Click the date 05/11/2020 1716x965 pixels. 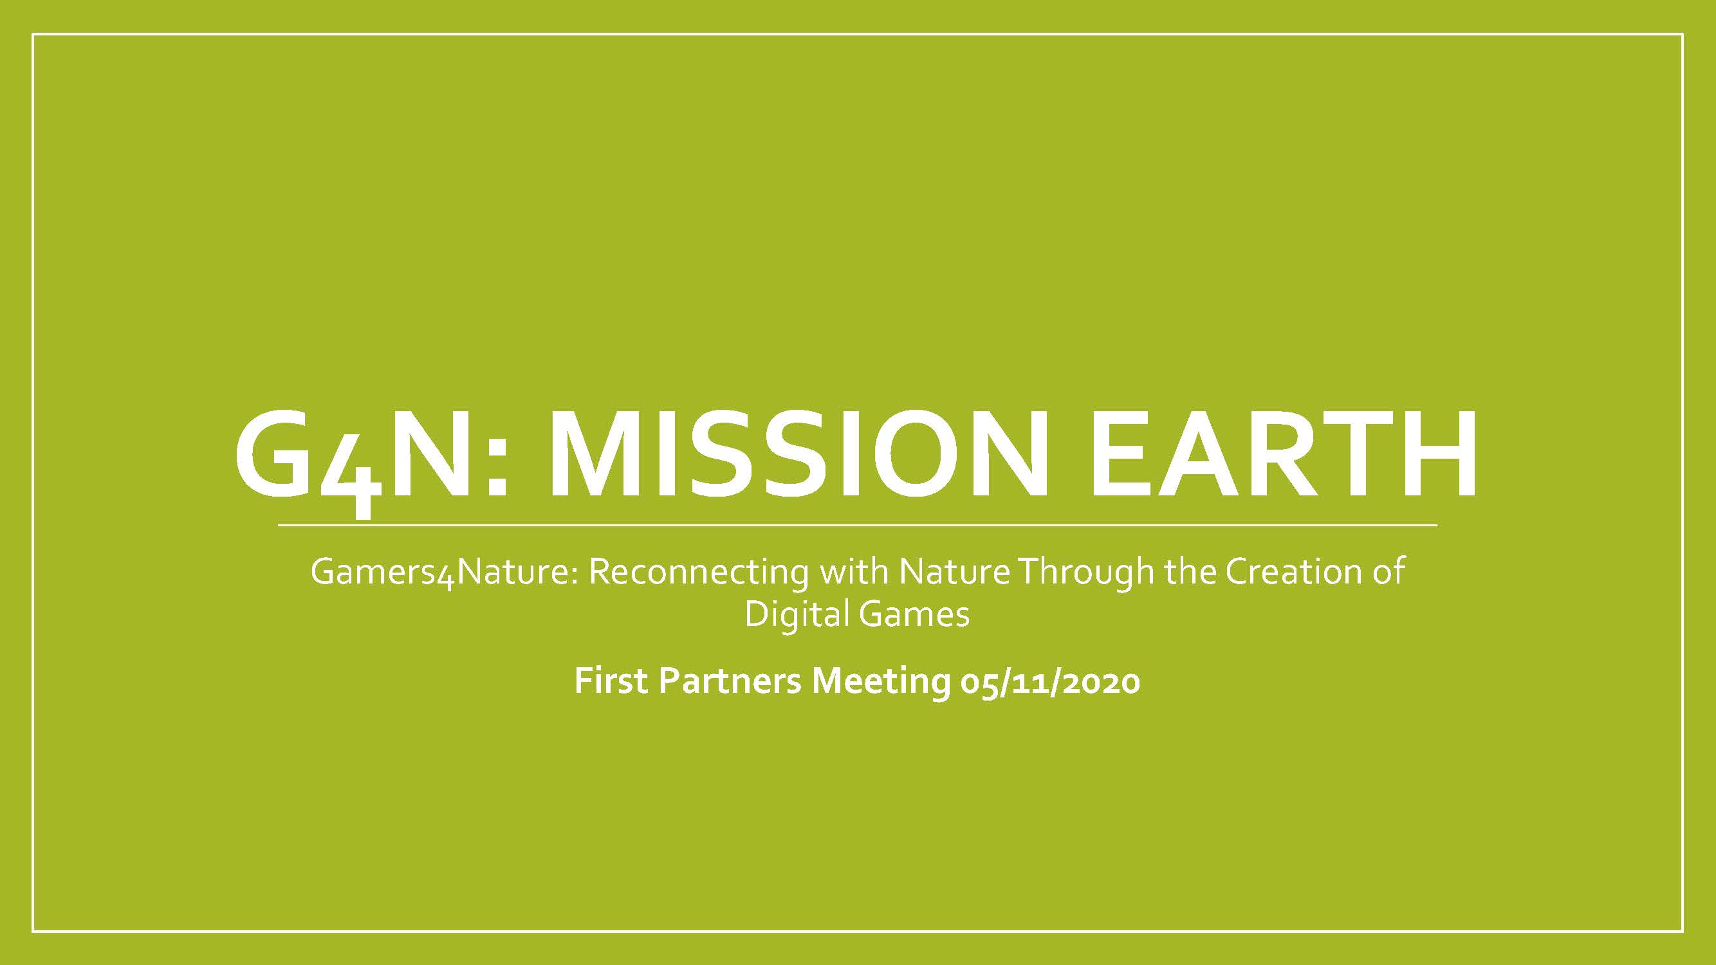pyautogui.click(x=1051, y=681)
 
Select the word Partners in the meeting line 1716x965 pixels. pyautogui.click(x=730, y=681)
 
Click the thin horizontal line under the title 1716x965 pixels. pyautogui.click(x=857, y=526)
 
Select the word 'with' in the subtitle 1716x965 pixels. pyautogui.click(x=853, y=572)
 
